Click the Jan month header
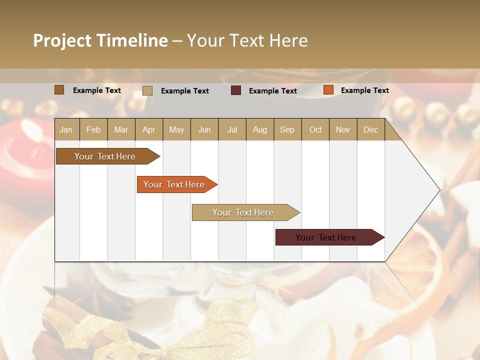[66, 129]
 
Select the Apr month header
[149, 129]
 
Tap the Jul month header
[232, 129]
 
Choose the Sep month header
[287, 129]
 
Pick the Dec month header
[370, 129]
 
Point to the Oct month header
[315, 129]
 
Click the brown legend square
[59, 90]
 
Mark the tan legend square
[147, 90]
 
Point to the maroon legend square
[236, 90]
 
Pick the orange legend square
[328, 90]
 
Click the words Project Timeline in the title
[100, 40]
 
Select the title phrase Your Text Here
[247, 40]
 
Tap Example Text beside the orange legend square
[364, 90]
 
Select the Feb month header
[93, 129]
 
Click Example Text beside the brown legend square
[96, 90]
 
